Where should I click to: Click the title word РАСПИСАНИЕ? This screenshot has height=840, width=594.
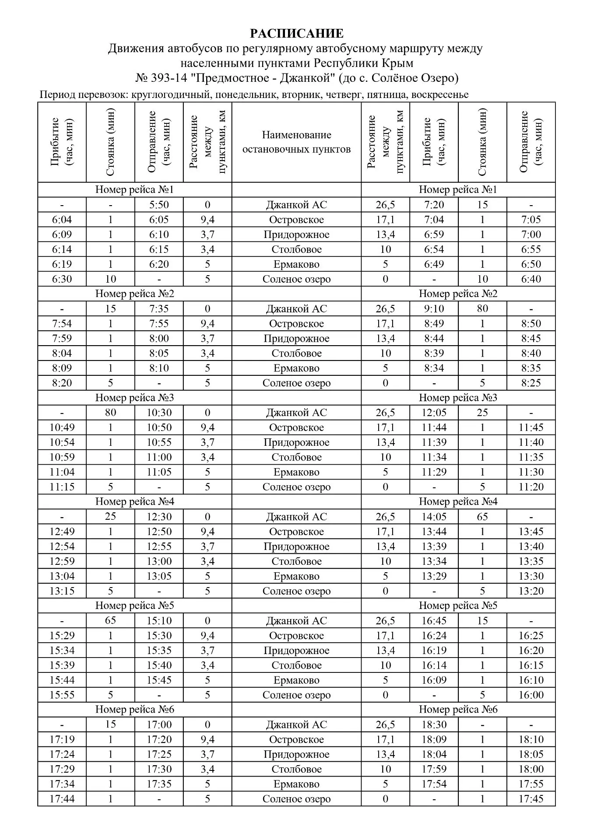296,34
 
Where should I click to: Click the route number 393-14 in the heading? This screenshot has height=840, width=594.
168,78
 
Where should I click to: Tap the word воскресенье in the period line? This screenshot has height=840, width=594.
439,94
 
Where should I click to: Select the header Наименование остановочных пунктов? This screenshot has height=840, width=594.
296,142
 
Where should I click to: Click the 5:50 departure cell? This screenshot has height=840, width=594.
159,205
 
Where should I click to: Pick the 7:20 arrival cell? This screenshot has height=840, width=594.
434,205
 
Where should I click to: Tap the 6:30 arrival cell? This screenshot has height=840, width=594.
62,279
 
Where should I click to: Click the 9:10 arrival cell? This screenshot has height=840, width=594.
434,309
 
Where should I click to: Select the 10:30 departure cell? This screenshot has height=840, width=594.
159,413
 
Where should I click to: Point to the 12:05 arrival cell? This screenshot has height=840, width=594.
434,413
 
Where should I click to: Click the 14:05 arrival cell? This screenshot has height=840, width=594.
434,517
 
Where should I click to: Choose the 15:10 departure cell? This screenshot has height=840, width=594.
159,621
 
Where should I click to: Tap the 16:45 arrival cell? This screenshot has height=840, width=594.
434,621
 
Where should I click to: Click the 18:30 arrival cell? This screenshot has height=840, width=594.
434,724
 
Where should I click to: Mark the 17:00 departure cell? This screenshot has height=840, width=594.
159,724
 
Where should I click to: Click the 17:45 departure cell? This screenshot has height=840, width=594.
531,799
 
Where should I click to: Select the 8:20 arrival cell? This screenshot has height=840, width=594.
62,383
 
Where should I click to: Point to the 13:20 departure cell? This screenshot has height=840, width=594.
531,591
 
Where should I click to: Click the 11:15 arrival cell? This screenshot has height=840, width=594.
62,487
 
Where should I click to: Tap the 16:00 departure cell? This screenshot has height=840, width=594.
531,695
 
